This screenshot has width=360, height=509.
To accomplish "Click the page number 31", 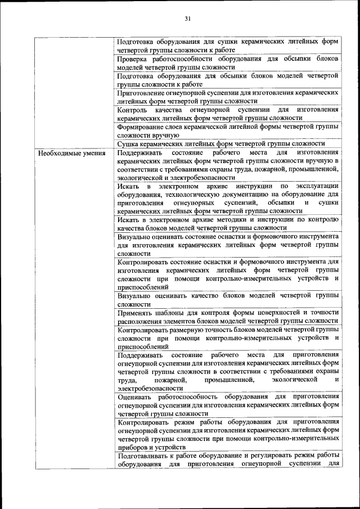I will [187, 19].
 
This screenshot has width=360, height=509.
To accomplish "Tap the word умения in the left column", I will [92, 153].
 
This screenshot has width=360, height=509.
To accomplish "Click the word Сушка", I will [128, 143].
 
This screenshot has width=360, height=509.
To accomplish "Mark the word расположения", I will [140, 321].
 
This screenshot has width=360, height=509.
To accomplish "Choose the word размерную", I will [190, 329].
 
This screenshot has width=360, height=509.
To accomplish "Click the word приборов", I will [133, 447].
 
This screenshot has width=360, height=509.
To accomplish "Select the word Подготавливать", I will [145, 456].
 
